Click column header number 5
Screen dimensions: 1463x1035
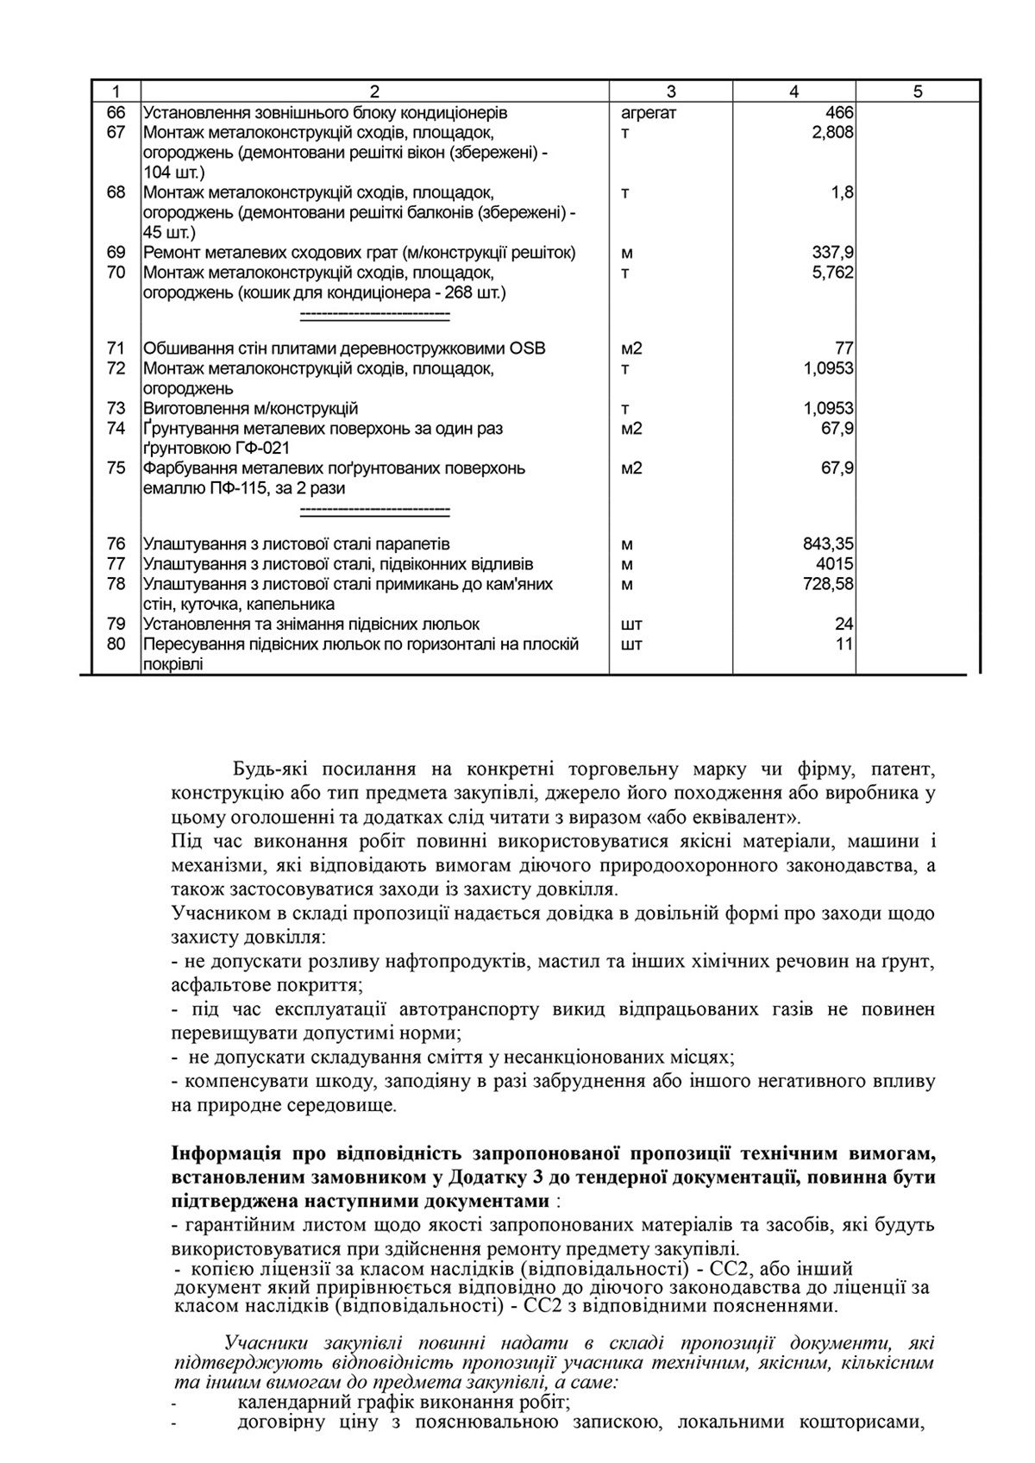tap(917, 91)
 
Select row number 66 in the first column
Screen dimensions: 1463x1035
tap(116, 113)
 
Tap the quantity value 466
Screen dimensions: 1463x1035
tap(838, 113)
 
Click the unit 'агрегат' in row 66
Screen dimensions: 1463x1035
tap(649, 113)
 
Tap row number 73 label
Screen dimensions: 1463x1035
tap(116, 408)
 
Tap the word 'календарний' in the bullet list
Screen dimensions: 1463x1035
tap(291, 1402)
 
